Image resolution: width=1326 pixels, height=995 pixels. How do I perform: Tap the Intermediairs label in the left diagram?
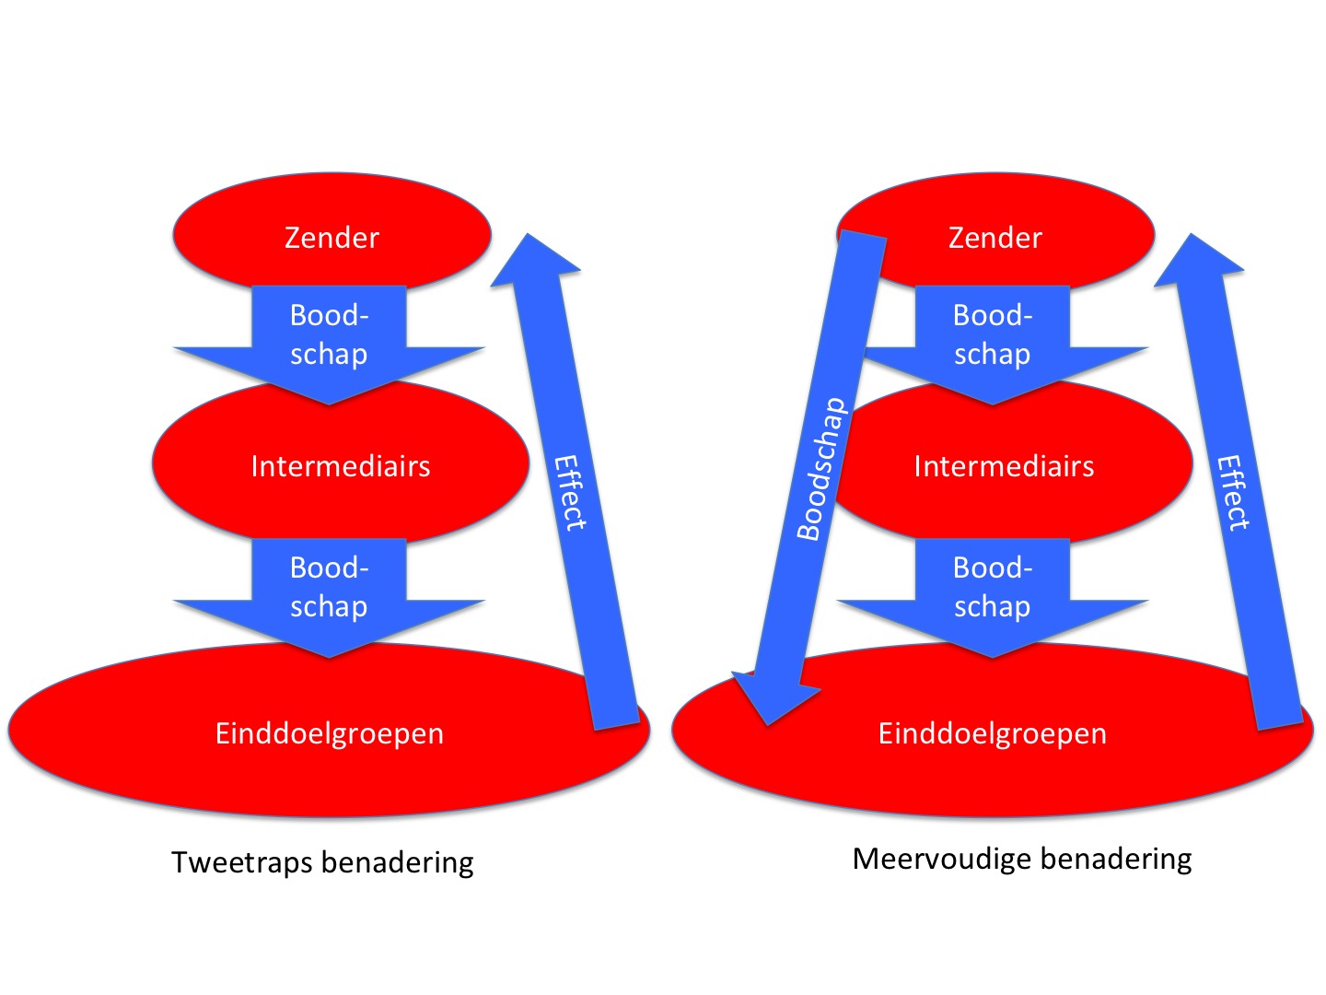point(340,466)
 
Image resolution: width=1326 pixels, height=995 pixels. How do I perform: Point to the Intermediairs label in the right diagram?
point(1004,466)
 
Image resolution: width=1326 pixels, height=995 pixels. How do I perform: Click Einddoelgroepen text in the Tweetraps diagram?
point(330,733)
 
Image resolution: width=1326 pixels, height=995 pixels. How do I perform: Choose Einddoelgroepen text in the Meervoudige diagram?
point(993,733)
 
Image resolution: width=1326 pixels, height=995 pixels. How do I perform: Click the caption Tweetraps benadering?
point(322,862)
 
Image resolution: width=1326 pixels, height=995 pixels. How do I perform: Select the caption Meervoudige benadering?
point(1022,859)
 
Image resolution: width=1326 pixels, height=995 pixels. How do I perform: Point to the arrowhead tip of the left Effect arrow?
point(529,238)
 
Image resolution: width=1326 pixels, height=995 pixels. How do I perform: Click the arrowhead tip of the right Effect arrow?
point(1192,238)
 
